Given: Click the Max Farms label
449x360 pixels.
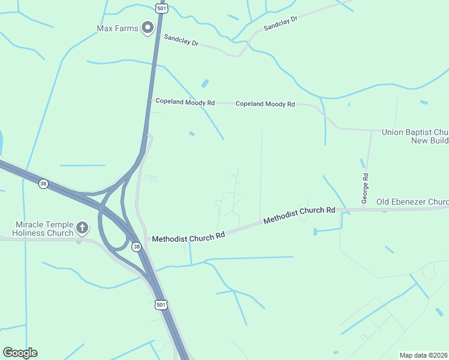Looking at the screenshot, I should point(117,28).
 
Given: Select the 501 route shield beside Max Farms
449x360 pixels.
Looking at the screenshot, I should point(160,8).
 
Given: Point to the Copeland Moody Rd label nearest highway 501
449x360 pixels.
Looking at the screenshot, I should point(185,102).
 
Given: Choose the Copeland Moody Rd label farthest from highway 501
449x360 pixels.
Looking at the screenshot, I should point(265,104).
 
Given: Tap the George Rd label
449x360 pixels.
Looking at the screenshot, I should point(364,187).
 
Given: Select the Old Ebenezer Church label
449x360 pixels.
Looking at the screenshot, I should point(413,202).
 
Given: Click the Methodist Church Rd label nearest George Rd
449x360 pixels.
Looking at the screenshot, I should point(299,215).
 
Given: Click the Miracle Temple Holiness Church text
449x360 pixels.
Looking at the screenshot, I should point(44,229).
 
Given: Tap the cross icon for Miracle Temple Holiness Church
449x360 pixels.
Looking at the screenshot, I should point(82,228).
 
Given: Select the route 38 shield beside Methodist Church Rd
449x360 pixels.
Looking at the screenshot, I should point(137,247).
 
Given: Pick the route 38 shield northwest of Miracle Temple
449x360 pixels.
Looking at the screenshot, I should point(43,184).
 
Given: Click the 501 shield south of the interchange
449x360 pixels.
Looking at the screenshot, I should point(160,305).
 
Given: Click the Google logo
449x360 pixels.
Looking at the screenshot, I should point(20,353).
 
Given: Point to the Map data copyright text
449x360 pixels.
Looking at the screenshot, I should point(423,355).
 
